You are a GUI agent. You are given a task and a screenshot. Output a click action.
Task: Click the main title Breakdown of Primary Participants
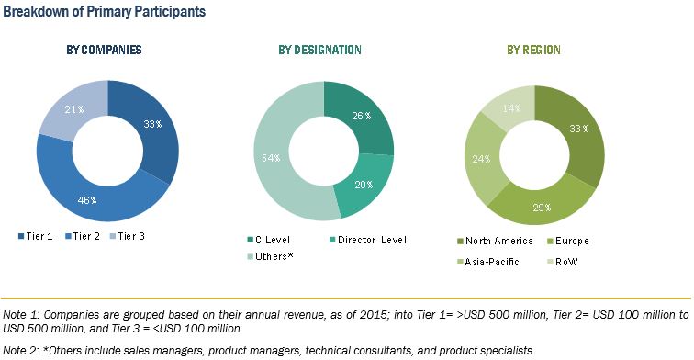pos(104,12)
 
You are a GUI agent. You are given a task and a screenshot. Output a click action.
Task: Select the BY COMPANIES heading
pos(108,50)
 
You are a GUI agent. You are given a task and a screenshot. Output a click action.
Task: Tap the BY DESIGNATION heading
pos(319,50)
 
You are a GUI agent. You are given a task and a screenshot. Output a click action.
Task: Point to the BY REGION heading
pos(534,50)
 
